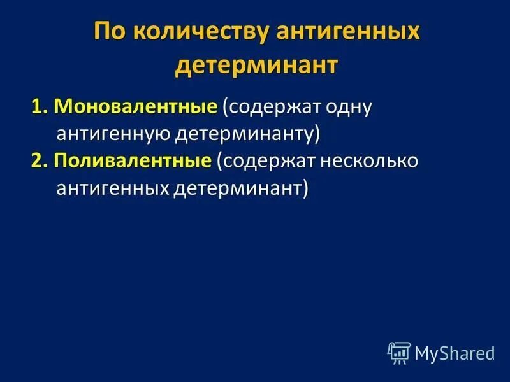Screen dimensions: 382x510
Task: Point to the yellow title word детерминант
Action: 255,66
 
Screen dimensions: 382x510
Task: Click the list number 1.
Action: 37,107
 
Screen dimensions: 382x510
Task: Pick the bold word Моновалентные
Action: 135,107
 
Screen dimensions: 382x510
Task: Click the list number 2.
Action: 37,162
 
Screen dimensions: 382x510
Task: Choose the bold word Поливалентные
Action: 132,162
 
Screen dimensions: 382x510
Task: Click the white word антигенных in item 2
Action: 113,189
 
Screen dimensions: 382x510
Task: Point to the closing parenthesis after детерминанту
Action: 316,135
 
